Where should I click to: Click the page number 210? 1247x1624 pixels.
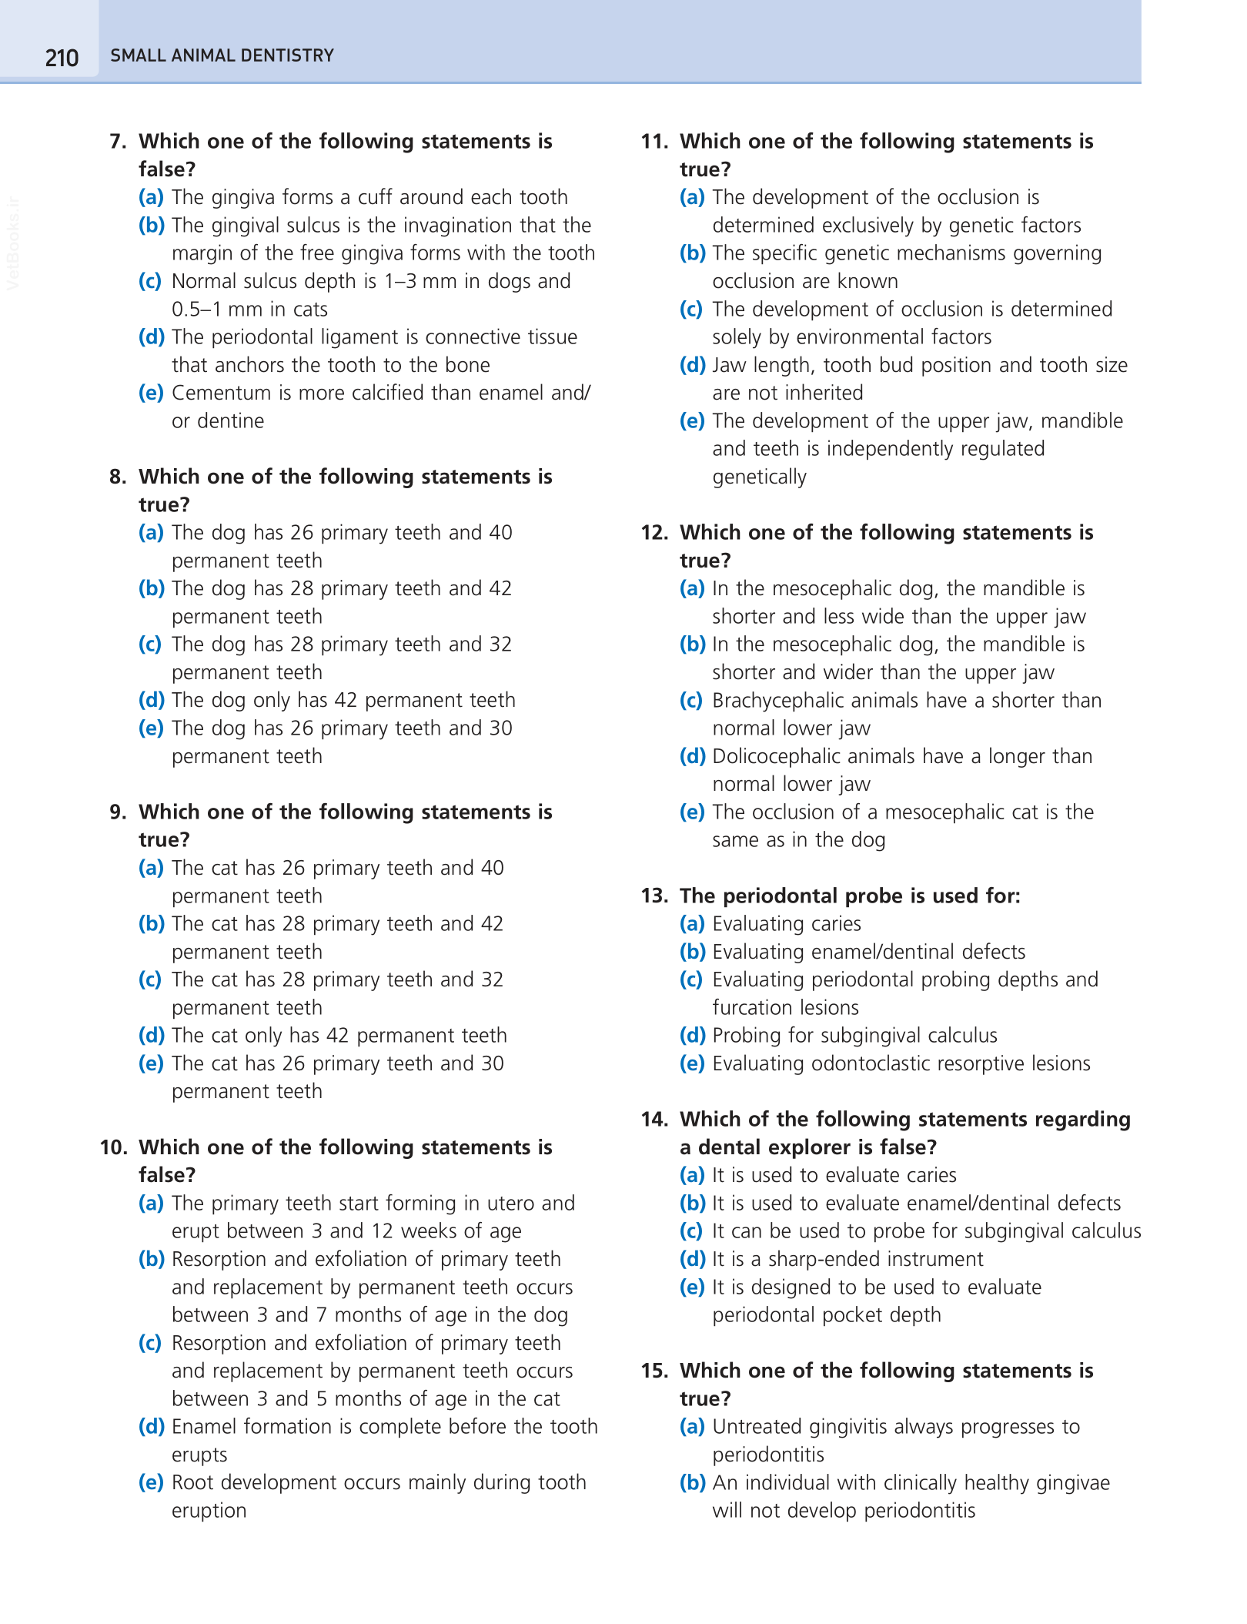[x=62, y=58]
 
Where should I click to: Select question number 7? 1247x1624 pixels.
[x=118, y=142]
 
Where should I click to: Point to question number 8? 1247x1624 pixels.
[x=118, y=477]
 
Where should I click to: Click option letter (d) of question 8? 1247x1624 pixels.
[x=152, y=700]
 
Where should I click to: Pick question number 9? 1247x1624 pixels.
[x=118, y=812]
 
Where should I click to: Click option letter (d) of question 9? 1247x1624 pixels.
[x=152, y=1036]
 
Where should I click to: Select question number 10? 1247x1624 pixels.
[x=113, y=1147]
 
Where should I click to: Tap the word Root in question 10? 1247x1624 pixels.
[x=194, y=1482]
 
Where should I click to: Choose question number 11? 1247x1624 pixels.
[x=654, y=142]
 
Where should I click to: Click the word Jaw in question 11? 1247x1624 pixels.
[x=726, y=365]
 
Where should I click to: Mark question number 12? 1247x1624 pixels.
[x=654, y=533]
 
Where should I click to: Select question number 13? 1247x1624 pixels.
[x=654, y=896]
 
